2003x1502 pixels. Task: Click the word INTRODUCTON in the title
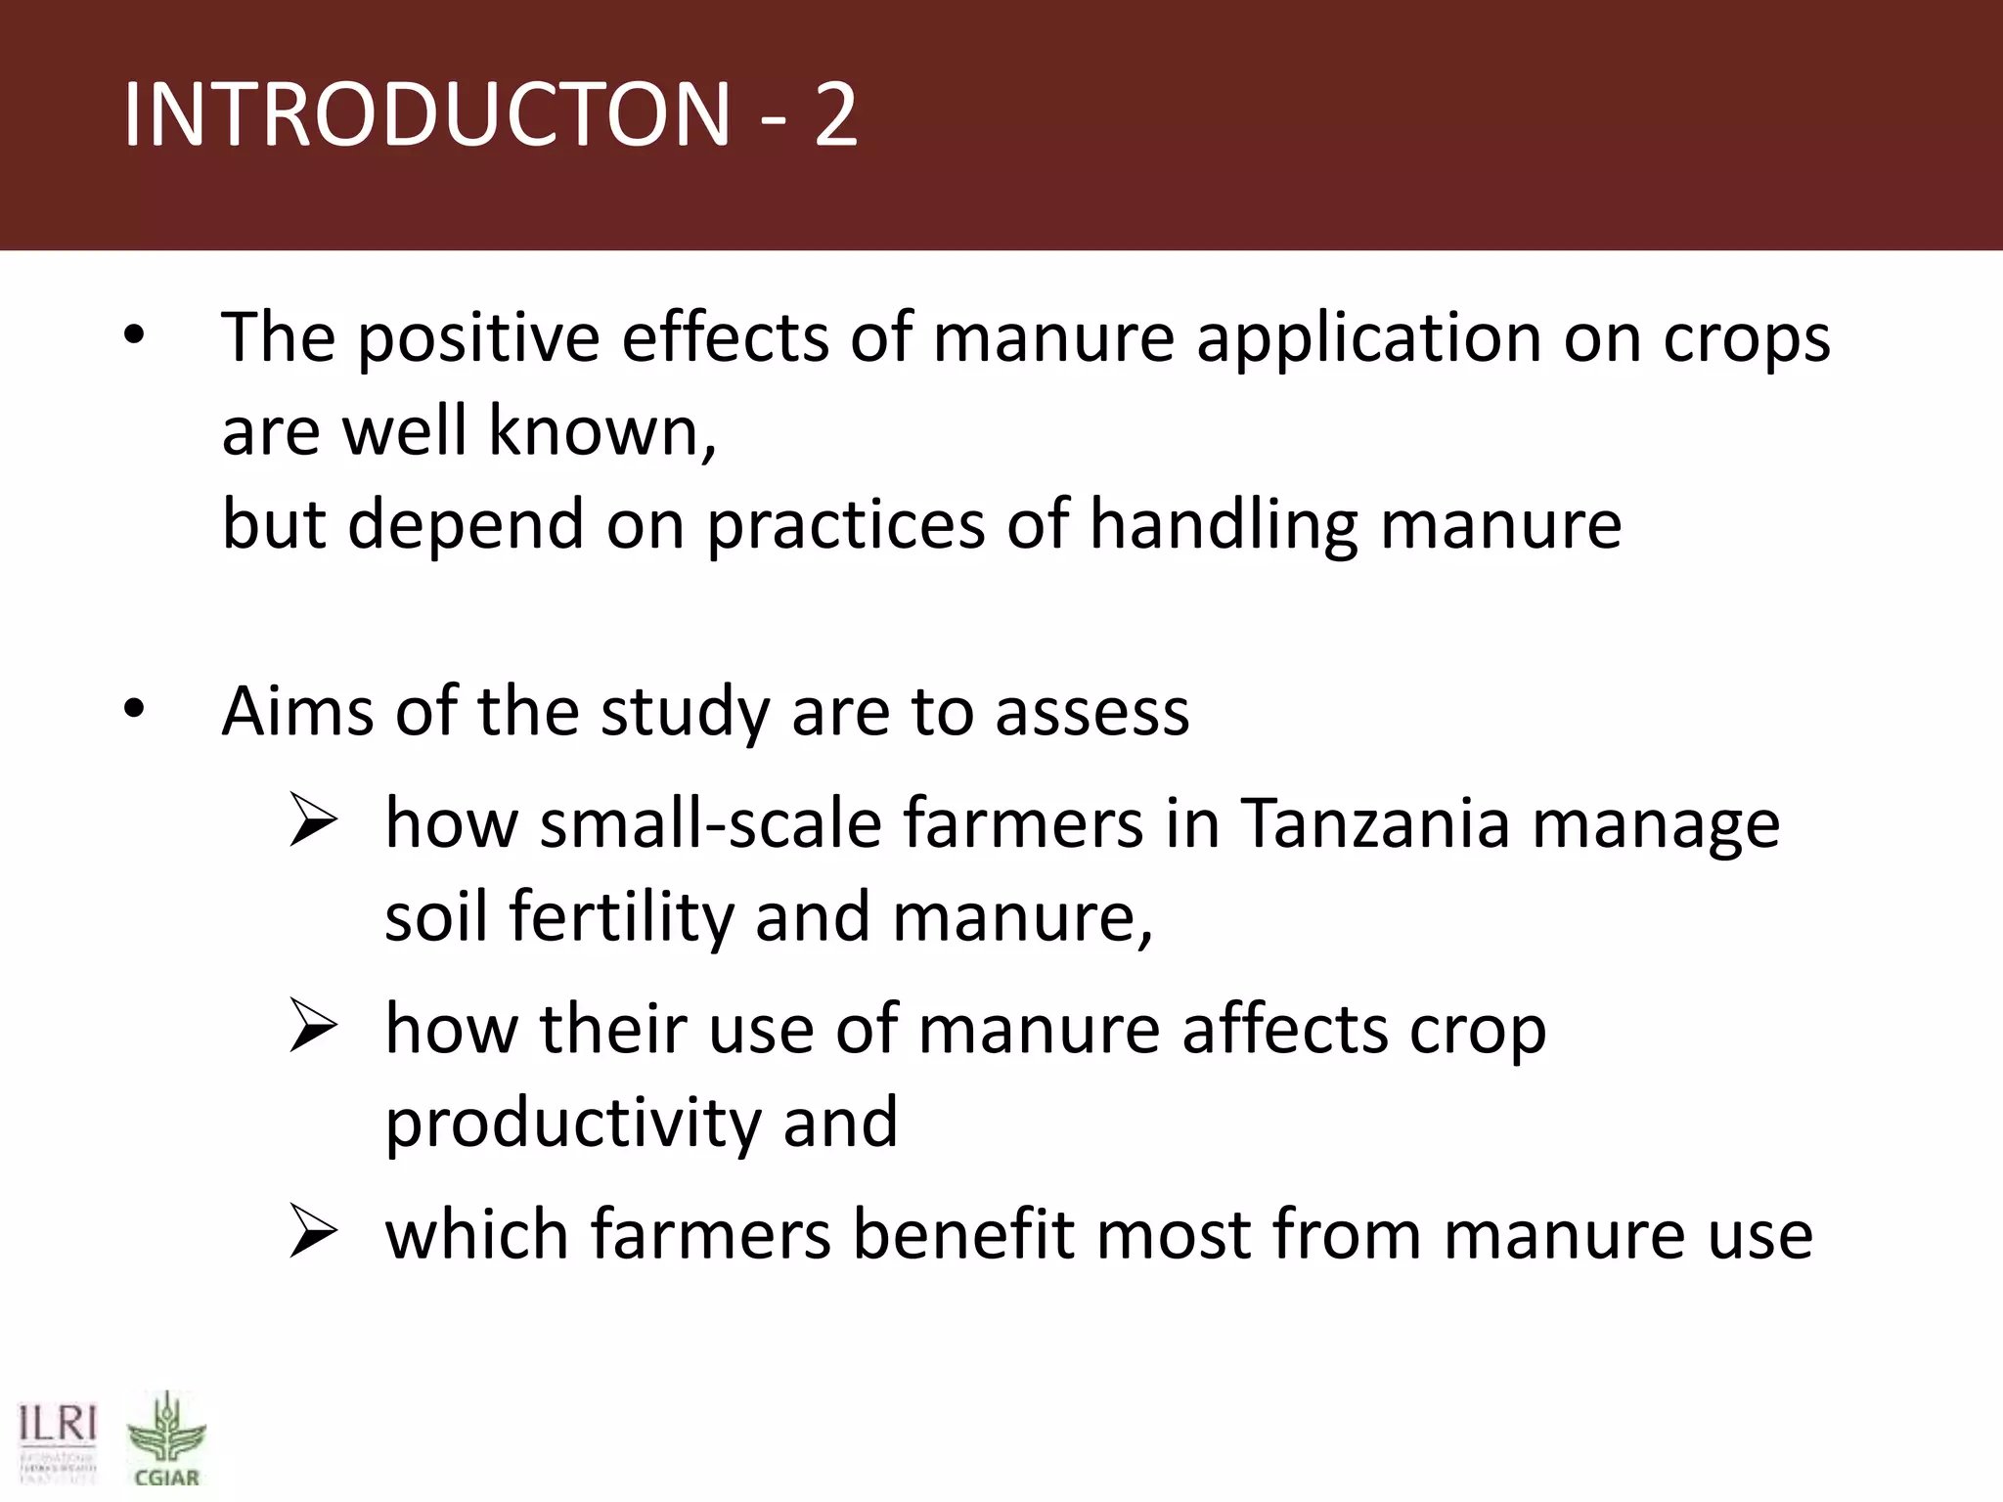(426, 115)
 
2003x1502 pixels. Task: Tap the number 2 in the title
(836, 115)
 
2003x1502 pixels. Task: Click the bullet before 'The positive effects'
(134, 337)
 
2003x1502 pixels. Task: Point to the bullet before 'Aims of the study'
(134, 711)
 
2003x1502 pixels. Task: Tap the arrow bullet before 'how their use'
(314, 1029)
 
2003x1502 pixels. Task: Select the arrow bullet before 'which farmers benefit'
(314, 1234)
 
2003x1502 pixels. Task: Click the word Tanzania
(1375, 823)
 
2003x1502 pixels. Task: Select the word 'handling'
(1223, 525)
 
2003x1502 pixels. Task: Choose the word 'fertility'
(620, 917)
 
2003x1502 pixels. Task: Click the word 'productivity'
(573, 1124)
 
